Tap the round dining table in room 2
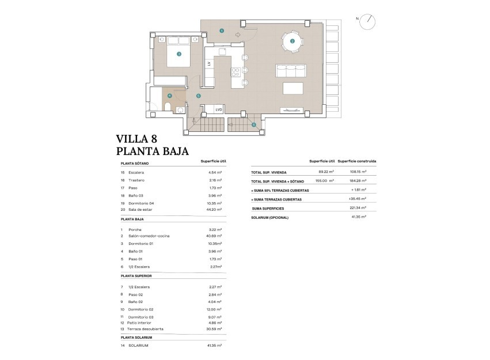coord(293,41)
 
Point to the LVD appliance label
coord(219,109)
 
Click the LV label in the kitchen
coord(208,65)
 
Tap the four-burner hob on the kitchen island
coord(235,73)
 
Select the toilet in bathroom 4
coord(167,108)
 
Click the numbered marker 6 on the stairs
coord(253,124)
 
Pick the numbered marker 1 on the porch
coord(222,31)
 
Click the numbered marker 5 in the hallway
coord(198,96)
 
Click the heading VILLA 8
coord(136,139)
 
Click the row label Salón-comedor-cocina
coord(149,236)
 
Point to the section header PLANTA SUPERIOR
coord(136,275)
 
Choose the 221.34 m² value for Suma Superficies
coord(359,208)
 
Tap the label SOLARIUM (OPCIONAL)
coord(270,217)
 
